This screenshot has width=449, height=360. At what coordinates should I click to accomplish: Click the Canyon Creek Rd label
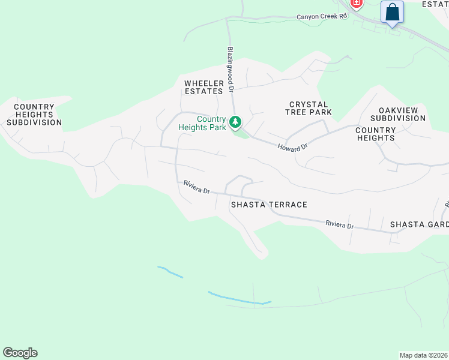322,17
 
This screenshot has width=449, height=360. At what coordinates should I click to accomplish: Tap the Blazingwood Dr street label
231,70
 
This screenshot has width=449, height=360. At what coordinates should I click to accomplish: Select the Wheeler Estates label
203,87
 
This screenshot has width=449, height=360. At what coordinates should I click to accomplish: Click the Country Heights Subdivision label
34,115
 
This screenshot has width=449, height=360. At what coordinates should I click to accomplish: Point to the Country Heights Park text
202,123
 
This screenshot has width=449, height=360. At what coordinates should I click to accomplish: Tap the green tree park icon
236,122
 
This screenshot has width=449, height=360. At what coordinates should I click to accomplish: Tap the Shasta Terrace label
269,205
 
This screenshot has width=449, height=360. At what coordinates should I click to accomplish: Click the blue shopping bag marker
392,12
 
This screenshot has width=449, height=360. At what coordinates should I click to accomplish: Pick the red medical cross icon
357,4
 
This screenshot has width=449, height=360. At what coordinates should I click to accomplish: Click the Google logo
20,353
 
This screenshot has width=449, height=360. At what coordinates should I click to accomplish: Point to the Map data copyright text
423,355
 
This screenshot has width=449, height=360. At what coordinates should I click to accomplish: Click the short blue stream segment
170,272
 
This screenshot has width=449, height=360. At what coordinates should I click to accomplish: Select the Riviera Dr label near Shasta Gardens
340,225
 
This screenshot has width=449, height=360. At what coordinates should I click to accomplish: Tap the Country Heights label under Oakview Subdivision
375,134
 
